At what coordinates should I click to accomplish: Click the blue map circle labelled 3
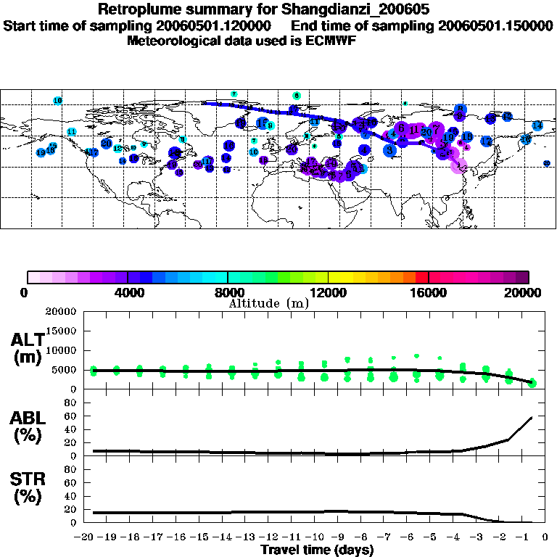(x=389, y=150)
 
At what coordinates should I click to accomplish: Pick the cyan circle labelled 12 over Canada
(x=117, y=149)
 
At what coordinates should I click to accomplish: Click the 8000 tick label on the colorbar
(x=228, y=293)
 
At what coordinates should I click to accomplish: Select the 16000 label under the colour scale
(x=429, y=293)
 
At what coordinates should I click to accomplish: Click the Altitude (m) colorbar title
(x=269, y=303)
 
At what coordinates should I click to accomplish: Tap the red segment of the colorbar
(x=422, y=277)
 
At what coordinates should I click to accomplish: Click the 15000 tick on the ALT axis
(x=64, y=331)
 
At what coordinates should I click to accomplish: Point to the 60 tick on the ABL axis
(x=72, y=416)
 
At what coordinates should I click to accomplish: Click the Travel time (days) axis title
(x=317, y=550)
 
